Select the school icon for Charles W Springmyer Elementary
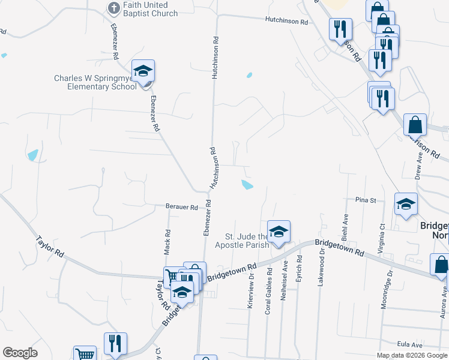(x=143, y=72)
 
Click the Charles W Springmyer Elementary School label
(x=95, y=82)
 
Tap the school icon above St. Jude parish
(x=279, y=232)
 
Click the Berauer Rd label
(x=182, y=207)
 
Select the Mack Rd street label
(x=168, y=240)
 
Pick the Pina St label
(x=365, y=200)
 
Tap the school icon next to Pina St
(x=406, y=205)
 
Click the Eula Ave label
(x=407, y=344)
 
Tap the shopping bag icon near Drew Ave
(x=415, y=125)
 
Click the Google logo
(x=20, y=353)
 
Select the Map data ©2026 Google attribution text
(x=411, y=355)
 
